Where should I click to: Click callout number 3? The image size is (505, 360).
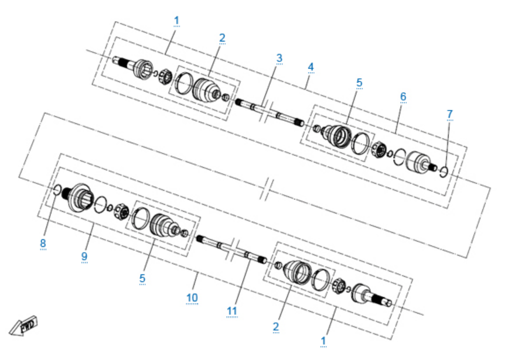pyautogui.click(x=279, y=58)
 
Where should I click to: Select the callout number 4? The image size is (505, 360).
pyautogui.click(x=311, y=67)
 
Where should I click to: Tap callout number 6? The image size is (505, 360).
pyautogui.click(x=403, y=97)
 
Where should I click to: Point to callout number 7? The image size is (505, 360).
pyautogui.click(x=450, y=114)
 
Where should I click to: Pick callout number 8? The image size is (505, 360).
pyautogui.click(x=43, y=243)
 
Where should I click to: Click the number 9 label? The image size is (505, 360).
pyautogui.click(x=84, y=256)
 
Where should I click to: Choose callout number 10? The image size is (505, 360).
pyautogui.click(x=192, y=298)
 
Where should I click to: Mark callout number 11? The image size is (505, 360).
pyautogui.click(x=232, y=311)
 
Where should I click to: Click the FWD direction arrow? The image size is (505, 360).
pyautogui.click(x=23, y=325)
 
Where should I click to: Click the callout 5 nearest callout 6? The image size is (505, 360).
pyautogui.click(x=360, y=83)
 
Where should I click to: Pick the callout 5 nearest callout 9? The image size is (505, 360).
pyautogui.click(x=142, y=278)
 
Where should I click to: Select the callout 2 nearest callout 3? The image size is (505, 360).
pyautogui.click(x=222, y=38)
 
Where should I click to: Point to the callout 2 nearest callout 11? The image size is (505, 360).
pyautogui.click(x=276, y=327)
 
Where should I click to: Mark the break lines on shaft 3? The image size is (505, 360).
pyautogui.click(x=266, y=112)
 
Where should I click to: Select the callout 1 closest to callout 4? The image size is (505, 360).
pyautogui.click(x=176, y=20)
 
